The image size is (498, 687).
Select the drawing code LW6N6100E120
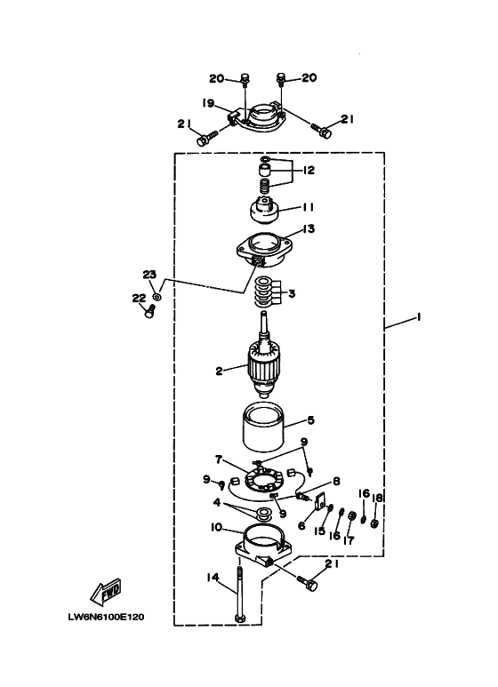point(106,617)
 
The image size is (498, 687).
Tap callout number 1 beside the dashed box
point(418,316)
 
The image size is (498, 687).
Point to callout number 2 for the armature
point(219,371)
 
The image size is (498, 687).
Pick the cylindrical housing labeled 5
point(264,428)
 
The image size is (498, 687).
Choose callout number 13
point(309,228)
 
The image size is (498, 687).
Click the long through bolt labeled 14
point(240,594)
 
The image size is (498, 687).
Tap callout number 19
point(208,103)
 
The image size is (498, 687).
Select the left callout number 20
point(217,78)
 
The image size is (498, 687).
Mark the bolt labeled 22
point(149,312)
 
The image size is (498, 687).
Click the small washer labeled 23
point(157,297)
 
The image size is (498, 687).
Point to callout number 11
point(307,207)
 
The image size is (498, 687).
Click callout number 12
point(309,170)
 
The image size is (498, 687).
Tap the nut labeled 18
point(373,523)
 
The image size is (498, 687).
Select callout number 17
point(349,540)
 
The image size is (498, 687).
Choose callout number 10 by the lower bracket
point(217,527)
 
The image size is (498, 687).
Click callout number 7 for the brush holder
point(219,459)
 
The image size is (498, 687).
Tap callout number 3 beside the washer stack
point(292,293)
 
